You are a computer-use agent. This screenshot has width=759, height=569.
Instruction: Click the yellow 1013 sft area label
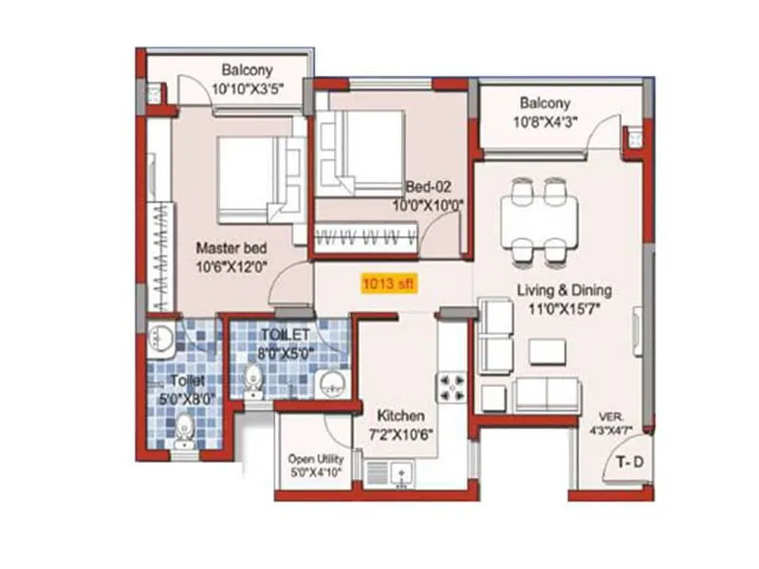[388, 283]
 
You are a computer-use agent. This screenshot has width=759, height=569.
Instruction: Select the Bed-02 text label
[431, 186]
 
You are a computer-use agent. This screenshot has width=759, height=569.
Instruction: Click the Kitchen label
[400, 416]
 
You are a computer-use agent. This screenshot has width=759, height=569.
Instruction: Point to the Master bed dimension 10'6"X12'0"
[231, 267]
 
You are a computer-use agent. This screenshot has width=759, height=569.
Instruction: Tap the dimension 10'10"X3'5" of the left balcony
[247, 88]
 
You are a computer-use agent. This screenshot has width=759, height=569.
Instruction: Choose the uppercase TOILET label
[286, 335]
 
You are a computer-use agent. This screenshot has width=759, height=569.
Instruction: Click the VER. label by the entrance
[612, 416]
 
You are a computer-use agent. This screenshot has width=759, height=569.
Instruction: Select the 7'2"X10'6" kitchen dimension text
[400, 435]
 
